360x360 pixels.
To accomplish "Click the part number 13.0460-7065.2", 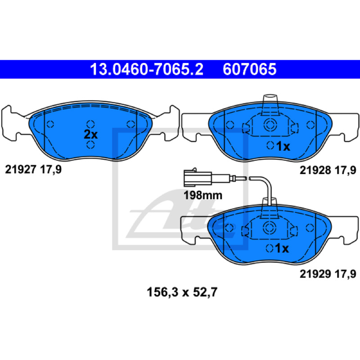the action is coord(147,69).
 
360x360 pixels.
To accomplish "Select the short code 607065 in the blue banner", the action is coord(249,69).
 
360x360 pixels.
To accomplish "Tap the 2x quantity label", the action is coord(91,135).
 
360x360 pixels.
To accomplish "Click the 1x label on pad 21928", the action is coord(283,146).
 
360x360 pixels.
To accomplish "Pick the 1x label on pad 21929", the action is coord(282,248).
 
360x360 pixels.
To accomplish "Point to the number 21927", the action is coord(21,170).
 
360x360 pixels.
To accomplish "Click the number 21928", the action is coord(315,170).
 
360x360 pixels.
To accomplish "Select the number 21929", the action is coord(315,274).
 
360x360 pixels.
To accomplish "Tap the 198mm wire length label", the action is coord(203,195).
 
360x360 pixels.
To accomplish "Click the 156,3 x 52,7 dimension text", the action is coord(182,292).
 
